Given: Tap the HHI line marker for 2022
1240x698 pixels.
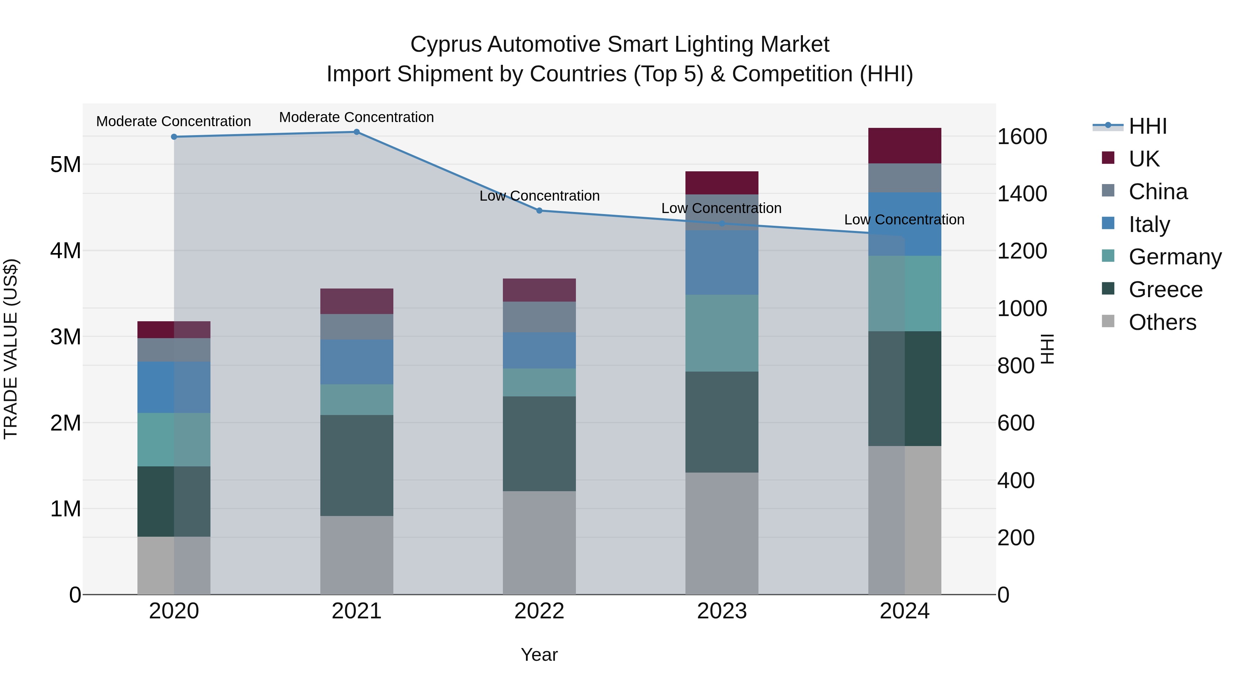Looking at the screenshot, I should coord(539,211).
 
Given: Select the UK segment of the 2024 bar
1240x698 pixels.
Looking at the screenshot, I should coord(905,145).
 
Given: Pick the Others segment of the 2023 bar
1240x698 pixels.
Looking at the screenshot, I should coord(722,533).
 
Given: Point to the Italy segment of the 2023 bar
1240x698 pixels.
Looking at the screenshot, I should coord(722,263).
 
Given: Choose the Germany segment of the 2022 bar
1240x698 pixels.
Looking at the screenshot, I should coord(539,383).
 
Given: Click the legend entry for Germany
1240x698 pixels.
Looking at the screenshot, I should coord(1175,257).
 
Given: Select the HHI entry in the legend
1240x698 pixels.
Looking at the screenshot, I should coord(1148,126).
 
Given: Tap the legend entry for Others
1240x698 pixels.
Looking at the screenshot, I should coord(1162,322).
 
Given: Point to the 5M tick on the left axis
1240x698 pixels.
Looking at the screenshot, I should coord(66,165).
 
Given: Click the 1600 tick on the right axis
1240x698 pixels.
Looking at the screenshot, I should coord(1022,137).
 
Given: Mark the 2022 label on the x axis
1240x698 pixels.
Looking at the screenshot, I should coord(539,611).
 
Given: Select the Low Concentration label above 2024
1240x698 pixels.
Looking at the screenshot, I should coord(904,220).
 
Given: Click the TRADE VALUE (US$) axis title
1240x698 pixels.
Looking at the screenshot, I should coord(11,349).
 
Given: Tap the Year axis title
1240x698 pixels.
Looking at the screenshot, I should coord(539,655).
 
